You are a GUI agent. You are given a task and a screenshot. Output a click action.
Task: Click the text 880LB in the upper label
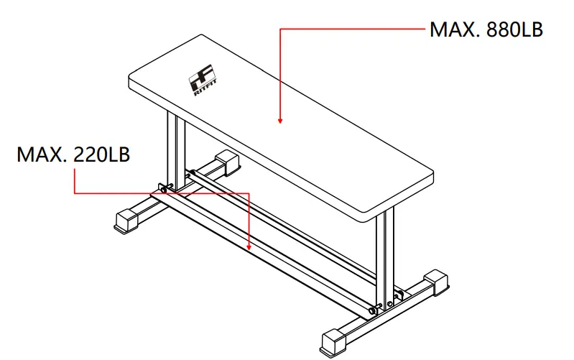tap(514, 30)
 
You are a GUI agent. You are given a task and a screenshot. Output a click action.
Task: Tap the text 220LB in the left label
tap(101, 155)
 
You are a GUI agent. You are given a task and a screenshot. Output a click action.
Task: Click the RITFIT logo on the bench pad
tap(201, 82)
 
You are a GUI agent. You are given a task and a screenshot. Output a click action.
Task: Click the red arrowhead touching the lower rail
tap(249, 246)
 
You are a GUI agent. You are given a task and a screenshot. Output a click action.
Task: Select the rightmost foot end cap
tap(437, 282)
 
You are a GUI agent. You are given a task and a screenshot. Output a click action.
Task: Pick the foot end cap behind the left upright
tap(228, 162)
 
